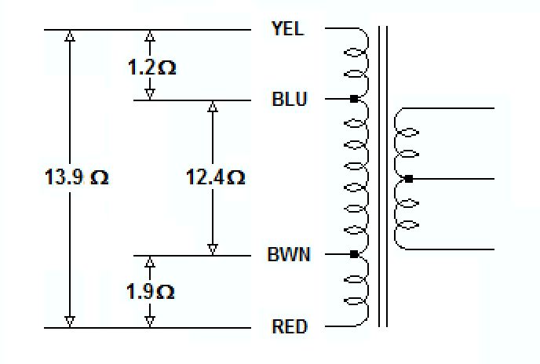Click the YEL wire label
coord(287,29)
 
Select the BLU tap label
coord(289,100)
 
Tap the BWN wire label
coord(289,255)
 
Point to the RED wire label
coord(289,326)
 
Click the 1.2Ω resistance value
coord(152,67)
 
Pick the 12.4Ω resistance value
coord(215,178)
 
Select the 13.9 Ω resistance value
coord(76,178)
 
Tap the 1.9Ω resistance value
coord(151,292)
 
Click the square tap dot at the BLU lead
coord(354,99)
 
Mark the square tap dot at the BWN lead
coord(354,254)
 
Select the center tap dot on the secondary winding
coord(408,179)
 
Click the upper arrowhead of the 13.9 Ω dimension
coord(71,36)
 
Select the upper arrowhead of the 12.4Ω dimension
coord(212,107)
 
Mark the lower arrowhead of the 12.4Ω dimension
coord(212,249)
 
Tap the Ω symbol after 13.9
coord(100,178)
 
